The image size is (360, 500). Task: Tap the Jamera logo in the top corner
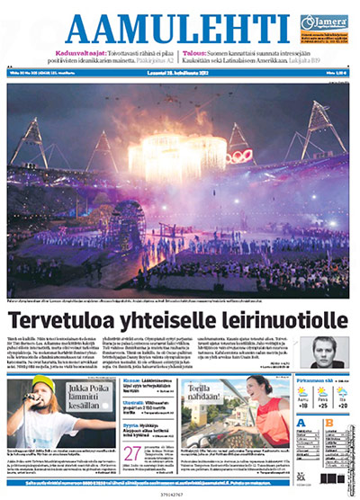[x=321, y=22]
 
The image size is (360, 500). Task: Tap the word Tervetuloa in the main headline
[x=65, y=318]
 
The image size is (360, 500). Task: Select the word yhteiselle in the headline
[x=155, y=318]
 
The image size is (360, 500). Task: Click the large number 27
[x=131, y=451]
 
